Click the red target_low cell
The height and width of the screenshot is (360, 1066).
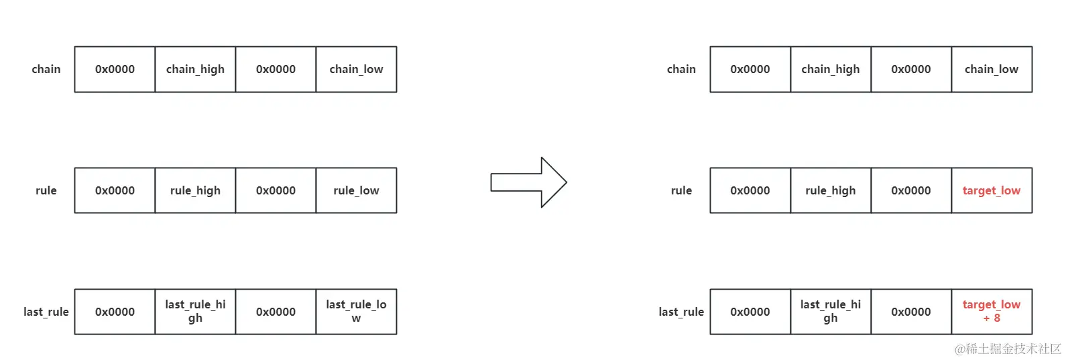point(991,190)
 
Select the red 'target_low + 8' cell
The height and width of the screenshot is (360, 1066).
point(991,312)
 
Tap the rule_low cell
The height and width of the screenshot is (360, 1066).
point(356,190)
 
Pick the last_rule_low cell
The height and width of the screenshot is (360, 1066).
point(356,312)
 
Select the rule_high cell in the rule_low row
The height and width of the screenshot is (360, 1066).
point(195,190)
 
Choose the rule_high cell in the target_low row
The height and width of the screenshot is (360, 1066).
point(830,190)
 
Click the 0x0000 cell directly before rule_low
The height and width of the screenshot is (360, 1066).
point(276,190)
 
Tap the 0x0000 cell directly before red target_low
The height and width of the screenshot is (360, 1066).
point(910,190)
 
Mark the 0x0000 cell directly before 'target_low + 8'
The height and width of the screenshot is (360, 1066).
point(910,312)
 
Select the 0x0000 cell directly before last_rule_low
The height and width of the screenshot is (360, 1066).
point(276,312)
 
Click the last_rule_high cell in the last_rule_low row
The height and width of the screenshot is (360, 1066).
point(195,312)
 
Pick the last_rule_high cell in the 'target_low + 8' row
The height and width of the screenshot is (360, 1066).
point(830,312)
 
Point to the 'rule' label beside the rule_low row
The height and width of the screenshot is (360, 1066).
point(46,190)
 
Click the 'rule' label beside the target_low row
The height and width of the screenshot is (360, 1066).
point(681,190)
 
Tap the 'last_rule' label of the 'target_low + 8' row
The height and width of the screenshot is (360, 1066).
point(681,312)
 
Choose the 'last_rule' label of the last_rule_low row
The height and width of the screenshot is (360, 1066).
point(46,312)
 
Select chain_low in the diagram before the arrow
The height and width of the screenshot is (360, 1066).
point(356,69)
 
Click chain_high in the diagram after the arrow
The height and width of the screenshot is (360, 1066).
point(830,69)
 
